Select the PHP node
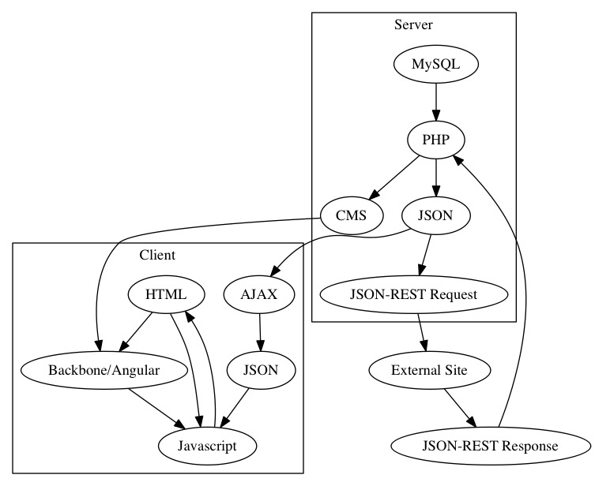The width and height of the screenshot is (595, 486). (x=435, y=140)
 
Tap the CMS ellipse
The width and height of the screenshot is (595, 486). (x=352, y=215)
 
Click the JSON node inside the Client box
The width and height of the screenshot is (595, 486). (x=262, y=369)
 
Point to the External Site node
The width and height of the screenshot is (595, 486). (x=430, y=369)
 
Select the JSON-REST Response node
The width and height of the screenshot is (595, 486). (x=491, y=445)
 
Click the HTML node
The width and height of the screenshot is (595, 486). (x=166, y=295)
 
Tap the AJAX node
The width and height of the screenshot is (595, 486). (x=259, y=295)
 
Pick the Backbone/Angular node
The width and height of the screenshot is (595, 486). (x=104, y=369)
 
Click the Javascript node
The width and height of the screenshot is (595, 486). (x=209, y=445)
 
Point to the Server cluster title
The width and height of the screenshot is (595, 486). (x=413, y=25)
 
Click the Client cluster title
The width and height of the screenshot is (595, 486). (x=157, y=255)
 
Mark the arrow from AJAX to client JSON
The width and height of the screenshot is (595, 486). (x=260, y=332)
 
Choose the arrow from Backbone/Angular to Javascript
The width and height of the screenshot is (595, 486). (x=156, y=407)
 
